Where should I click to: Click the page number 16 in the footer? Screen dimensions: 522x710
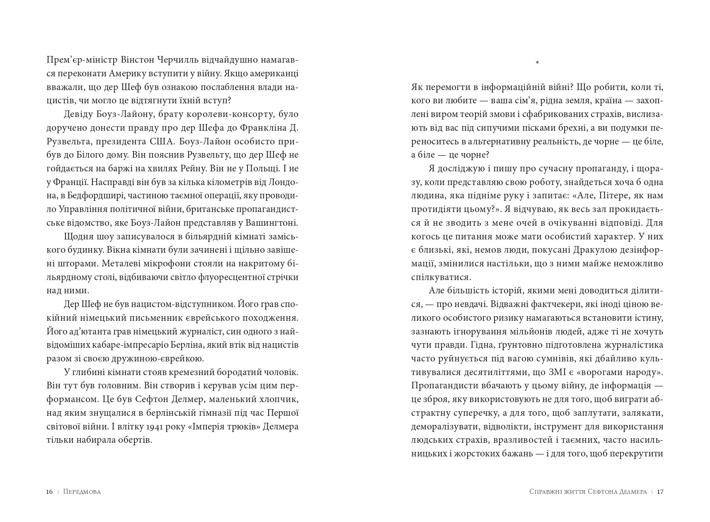pos(49,492)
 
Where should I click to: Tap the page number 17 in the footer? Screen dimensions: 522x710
pos(660,492)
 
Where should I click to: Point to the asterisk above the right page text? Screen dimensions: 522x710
pos(537,63)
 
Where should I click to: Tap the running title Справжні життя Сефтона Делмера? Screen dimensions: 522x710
pos(588,492)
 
